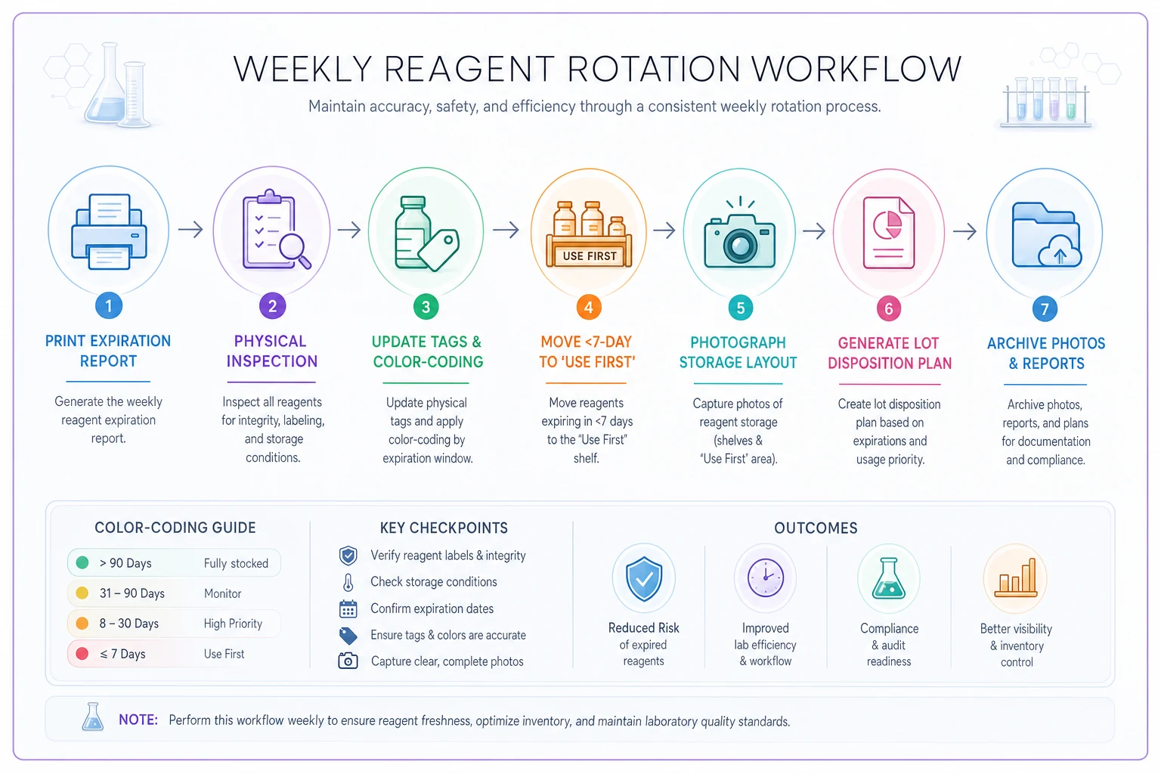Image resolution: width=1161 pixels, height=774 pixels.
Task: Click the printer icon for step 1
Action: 109,231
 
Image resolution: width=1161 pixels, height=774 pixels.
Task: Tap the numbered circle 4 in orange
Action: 588,308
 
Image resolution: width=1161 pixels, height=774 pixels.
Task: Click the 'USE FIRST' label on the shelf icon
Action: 590,256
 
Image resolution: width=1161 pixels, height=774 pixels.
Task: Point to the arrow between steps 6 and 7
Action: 965,231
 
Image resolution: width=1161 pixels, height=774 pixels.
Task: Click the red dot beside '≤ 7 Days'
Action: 82,654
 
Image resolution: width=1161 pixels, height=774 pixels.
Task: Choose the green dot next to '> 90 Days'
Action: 82,562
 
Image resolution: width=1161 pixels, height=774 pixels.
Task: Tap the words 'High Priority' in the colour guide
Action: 233,624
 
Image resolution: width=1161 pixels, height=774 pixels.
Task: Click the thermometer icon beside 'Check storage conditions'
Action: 348,582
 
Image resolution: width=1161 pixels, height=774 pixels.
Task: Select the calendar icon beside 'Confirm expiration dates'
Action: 348,608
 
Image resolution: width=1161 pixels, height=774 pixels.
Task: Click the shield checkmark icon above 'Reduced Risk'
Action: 644,578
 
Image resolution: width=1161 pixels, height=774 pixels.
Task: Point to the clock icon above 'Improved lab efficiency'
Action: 766,577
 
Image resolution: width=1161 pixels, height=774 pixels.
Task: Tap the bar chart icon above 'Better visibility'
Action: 1016,578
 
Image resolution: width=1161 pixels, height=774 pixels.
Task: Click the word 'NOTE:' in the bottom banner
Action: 138,720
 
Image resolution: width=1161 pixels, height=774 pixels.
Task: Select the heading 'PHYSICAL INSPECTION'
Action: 271,351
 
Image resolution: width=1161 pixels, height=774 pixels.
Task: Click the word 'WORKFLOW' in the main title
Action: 856,69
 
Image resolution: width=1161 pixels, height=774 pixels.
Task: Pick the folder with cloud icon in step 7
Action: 1046,235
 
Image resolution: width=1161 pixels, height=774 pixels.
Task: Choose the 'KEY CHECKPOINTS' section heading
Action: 444,528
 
